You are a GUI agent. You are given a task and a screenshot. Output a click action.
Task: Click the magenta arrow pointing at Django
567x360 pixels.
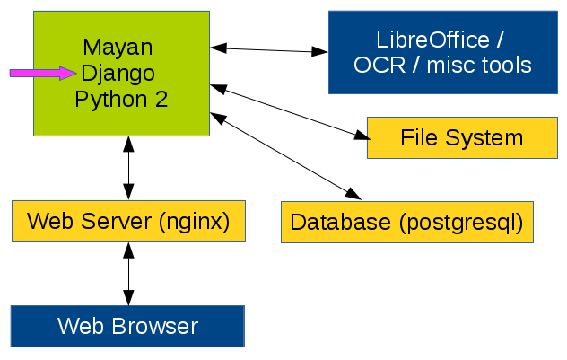pos(40,73)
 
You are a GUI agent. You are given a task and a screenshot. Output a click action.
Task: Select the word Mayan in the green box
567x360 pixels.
pos(117,47)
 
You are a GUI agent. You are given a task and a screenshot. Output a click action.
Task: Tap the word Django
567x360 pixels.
pos(118,72)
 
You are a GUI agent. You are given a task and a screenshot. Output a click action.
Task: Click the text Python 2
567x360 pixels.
pos(121,98)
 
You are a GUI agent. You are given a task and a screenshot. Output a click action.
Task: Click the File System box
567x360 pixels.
pos(461,137)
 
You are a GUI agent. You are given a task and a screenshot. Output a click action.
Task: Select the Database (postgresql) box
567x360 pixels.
pos(406,221)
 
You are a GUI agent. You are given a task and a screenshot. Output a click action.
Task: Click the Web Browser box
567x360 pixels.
pos(127,325)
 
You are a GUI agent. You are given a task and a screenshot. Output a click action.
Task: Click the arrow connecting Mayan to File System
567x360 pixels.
pos(290,112)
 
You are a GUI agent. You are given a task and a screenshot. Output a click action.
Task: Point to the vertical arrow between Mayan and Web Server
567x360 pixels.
pos(128,168)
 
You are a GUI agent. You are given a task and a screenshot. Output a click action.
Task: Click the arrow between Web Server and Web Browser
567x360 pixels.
pos(128,274)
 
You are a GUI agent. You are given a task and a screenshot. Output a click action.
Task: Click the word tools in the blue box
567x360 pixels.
pos(504,66)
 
